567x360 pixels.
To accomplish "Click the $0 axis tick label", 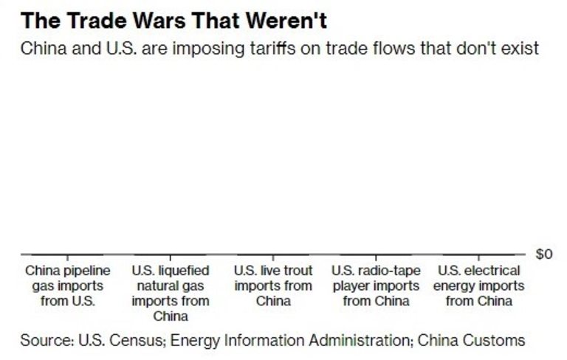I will (x=543, y=255).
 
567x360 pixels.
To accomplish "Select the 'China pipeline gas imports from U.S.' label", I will (x=64, y=285).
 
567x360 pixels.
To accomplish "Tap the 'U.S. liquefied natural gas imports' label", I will (x=170, y=293).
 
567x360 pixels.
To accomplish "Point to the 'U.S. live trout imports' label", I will (x=273, y=285).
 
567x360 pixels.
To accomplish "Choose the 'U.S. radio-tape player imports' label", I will (x=377, y=285).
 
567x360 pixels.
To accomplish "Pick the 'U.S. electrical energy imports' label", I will (x=478, y=285).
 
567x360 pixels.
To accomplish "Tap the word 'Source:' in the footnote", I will (x=45, y=340).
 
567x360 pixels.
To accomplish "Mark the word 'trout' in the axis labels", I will (x=296, y=271).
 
